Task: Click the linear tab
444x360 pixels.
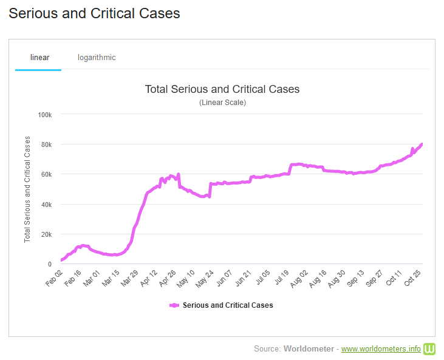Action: click(x=39, y=58)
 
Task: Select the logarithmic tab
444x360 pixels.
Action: click(x=97, y=58)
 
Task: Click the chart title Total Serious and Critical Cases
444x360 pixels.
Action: click(x=222, y=89)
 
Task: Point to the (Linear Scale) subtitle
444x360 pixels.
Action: click(x=222, y=103)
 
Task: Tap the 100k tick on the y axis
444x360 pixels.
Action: click(x=45, y=115)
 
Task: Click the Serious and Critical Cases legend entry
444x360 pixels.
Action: click(x=227, y=305)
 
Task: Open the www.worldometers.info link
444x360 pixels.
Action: click(x=381, y=349)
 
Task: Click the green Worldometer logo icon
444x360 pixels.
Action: click(x=430, y=348)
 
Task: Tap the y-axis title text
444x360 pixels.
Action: click(x=27, y=189)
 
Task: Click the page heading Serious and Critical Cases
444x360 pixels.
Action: click(x=94, y=13)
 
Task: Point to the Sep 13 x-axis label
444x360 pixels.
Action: click(x=355, y=278)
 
